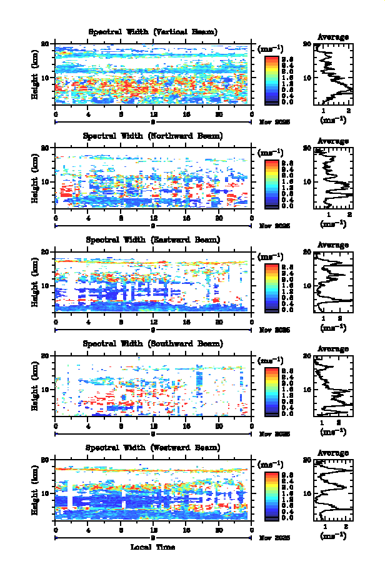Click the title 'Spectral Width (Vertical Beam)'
point(153,32)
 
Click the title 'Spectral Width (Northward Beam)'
point(153,136)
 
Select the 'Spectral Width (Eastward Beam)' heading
point(153,240)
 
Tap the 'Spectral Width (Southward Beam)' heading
point(153,343)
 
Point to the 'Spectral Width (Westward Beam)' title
point(153,448)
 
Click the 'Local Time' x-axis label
point(153,547)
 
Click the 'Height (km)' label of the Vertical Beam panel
point(36,78)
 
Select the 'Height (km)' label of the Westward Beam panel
point(36,493)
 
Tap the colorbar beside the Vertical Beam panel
point(271,79)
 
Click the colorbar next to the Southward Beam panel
point(271,391)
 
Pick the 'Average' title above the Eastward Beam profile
point(333,245)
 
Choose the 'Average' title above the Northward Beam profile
point(333,141)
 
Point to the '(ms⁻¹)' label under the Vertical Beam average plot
point(333,119)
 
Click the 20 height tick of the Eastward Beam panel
point(45,251)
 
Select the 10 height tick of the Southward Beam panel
point(45,389)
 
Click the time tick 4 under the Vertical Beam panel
point(88,114)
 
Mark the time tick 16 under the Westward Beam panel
point(186,530)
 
